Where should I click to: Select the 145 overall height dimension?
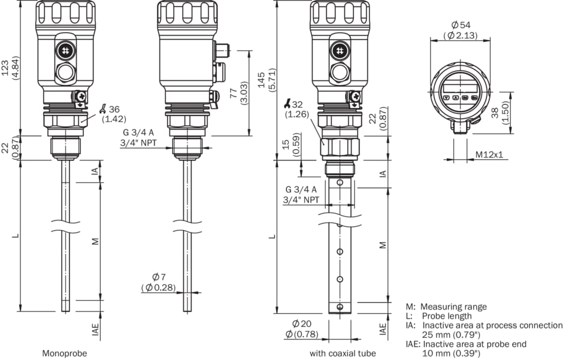click(x=261, y=76)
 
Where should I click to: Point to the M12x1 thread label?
click(x=489, y=155)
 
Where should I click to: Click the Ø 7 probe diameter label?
click(x=159, y=277)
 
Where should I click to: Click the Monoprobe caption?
click(x=64, y=353)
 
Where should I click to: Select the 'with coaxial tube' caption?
click(x=343, y=353)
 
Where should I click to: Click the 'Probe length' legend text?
click(x=447, y=316)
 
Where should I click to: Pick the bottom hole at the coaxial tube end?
click(x=340, y=307)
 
